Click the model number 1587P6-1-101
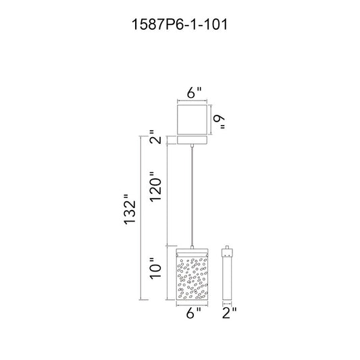tap(180, 24)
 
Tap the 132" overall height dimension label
tap(130, 209)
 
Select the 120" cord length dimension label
tap(156, 186)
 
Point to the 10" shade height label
tap(156, 269)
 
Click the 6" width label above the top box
tap(194, 93)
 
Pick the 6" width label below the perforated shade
tap(194, 313)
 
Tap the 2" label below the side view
tap(229, 313)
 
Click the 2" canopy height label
tap(156, 137)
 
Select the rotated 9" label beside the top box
tap(219, 122)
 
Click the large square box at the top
tap(192, 120)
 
